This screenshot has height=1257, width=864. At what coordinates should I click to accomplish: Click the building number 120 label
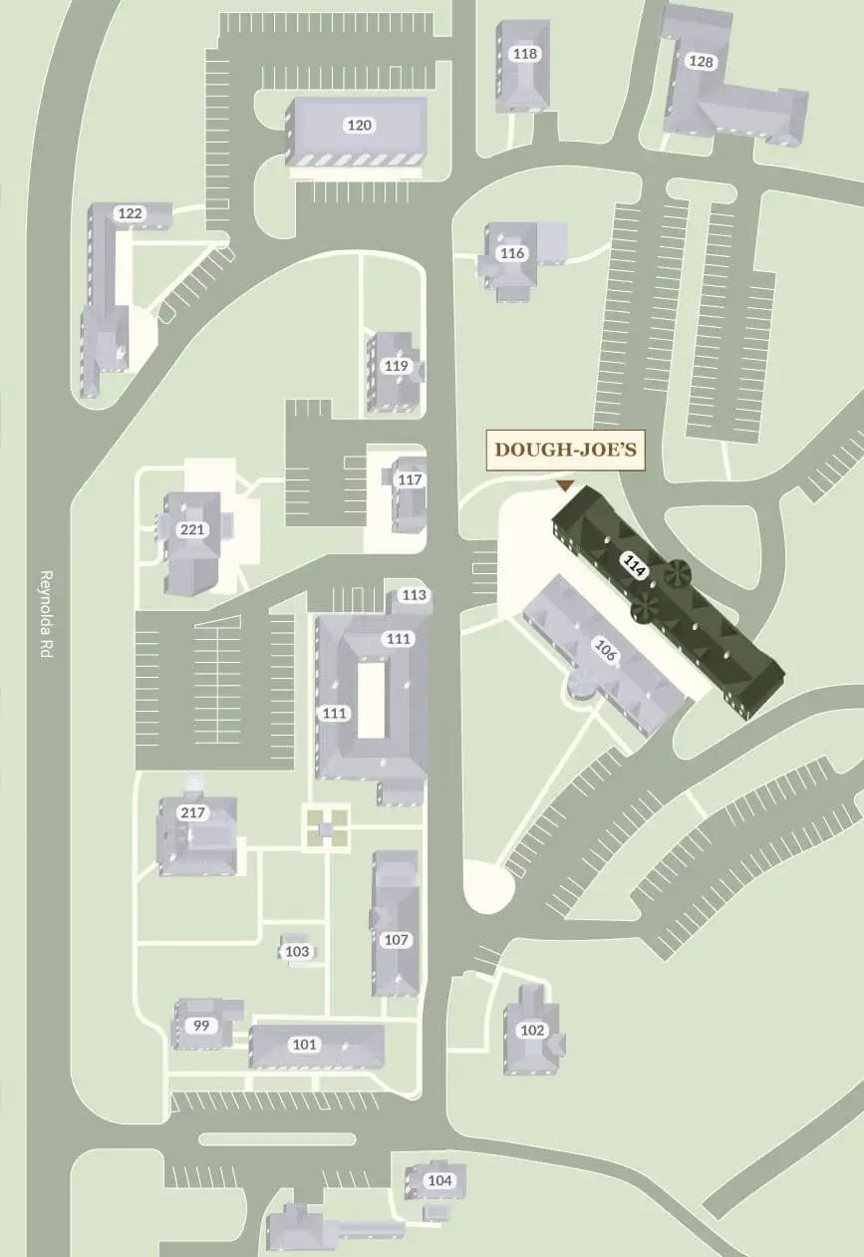click(359, 125)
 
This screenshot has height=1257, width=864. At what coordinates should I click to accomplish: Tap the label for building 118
click(524, 54)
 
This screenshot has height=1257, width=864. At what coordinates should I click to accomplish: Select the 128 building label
click(702, 62)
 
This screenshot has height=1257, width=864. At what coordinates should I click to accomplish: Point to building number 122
click(131, 213)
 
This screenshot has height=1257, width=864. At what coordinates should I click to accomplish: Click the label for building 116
click(512, 253)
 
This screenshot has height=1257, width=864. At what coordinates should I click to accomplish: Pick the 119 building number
click(397, 366)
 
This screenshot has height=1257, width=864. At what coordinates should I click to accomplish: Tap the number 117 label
click(410, 479)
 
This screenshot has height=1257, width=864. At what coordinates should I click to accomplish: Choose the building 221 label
click(191, 529)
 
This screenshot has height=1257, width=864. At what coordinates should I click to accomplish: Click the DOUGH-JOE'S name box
click(566, 451)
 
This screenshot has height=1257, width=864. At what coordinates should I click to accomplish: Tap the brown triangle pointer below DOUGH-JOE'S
click(565, 485)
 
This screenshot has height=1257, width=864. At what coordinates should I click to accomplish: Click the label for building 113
click(414, 595)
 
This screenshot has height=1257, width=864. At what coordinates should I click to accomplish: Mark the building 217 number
click(193, 812)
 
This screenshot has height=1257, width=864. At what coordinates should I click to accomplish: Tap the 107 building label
click(397, 940)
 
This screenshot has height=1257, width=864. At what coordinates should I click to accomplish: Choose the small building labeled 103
click(297, 952)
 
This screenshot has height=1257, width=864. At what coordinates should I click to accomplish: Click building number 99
click(201, 1025)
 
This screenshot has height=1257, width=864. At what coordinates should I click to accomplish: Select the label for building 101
click(305, 1045)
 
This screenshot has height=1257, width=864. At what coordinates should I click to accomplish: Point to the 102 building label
click(533, 1031)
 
